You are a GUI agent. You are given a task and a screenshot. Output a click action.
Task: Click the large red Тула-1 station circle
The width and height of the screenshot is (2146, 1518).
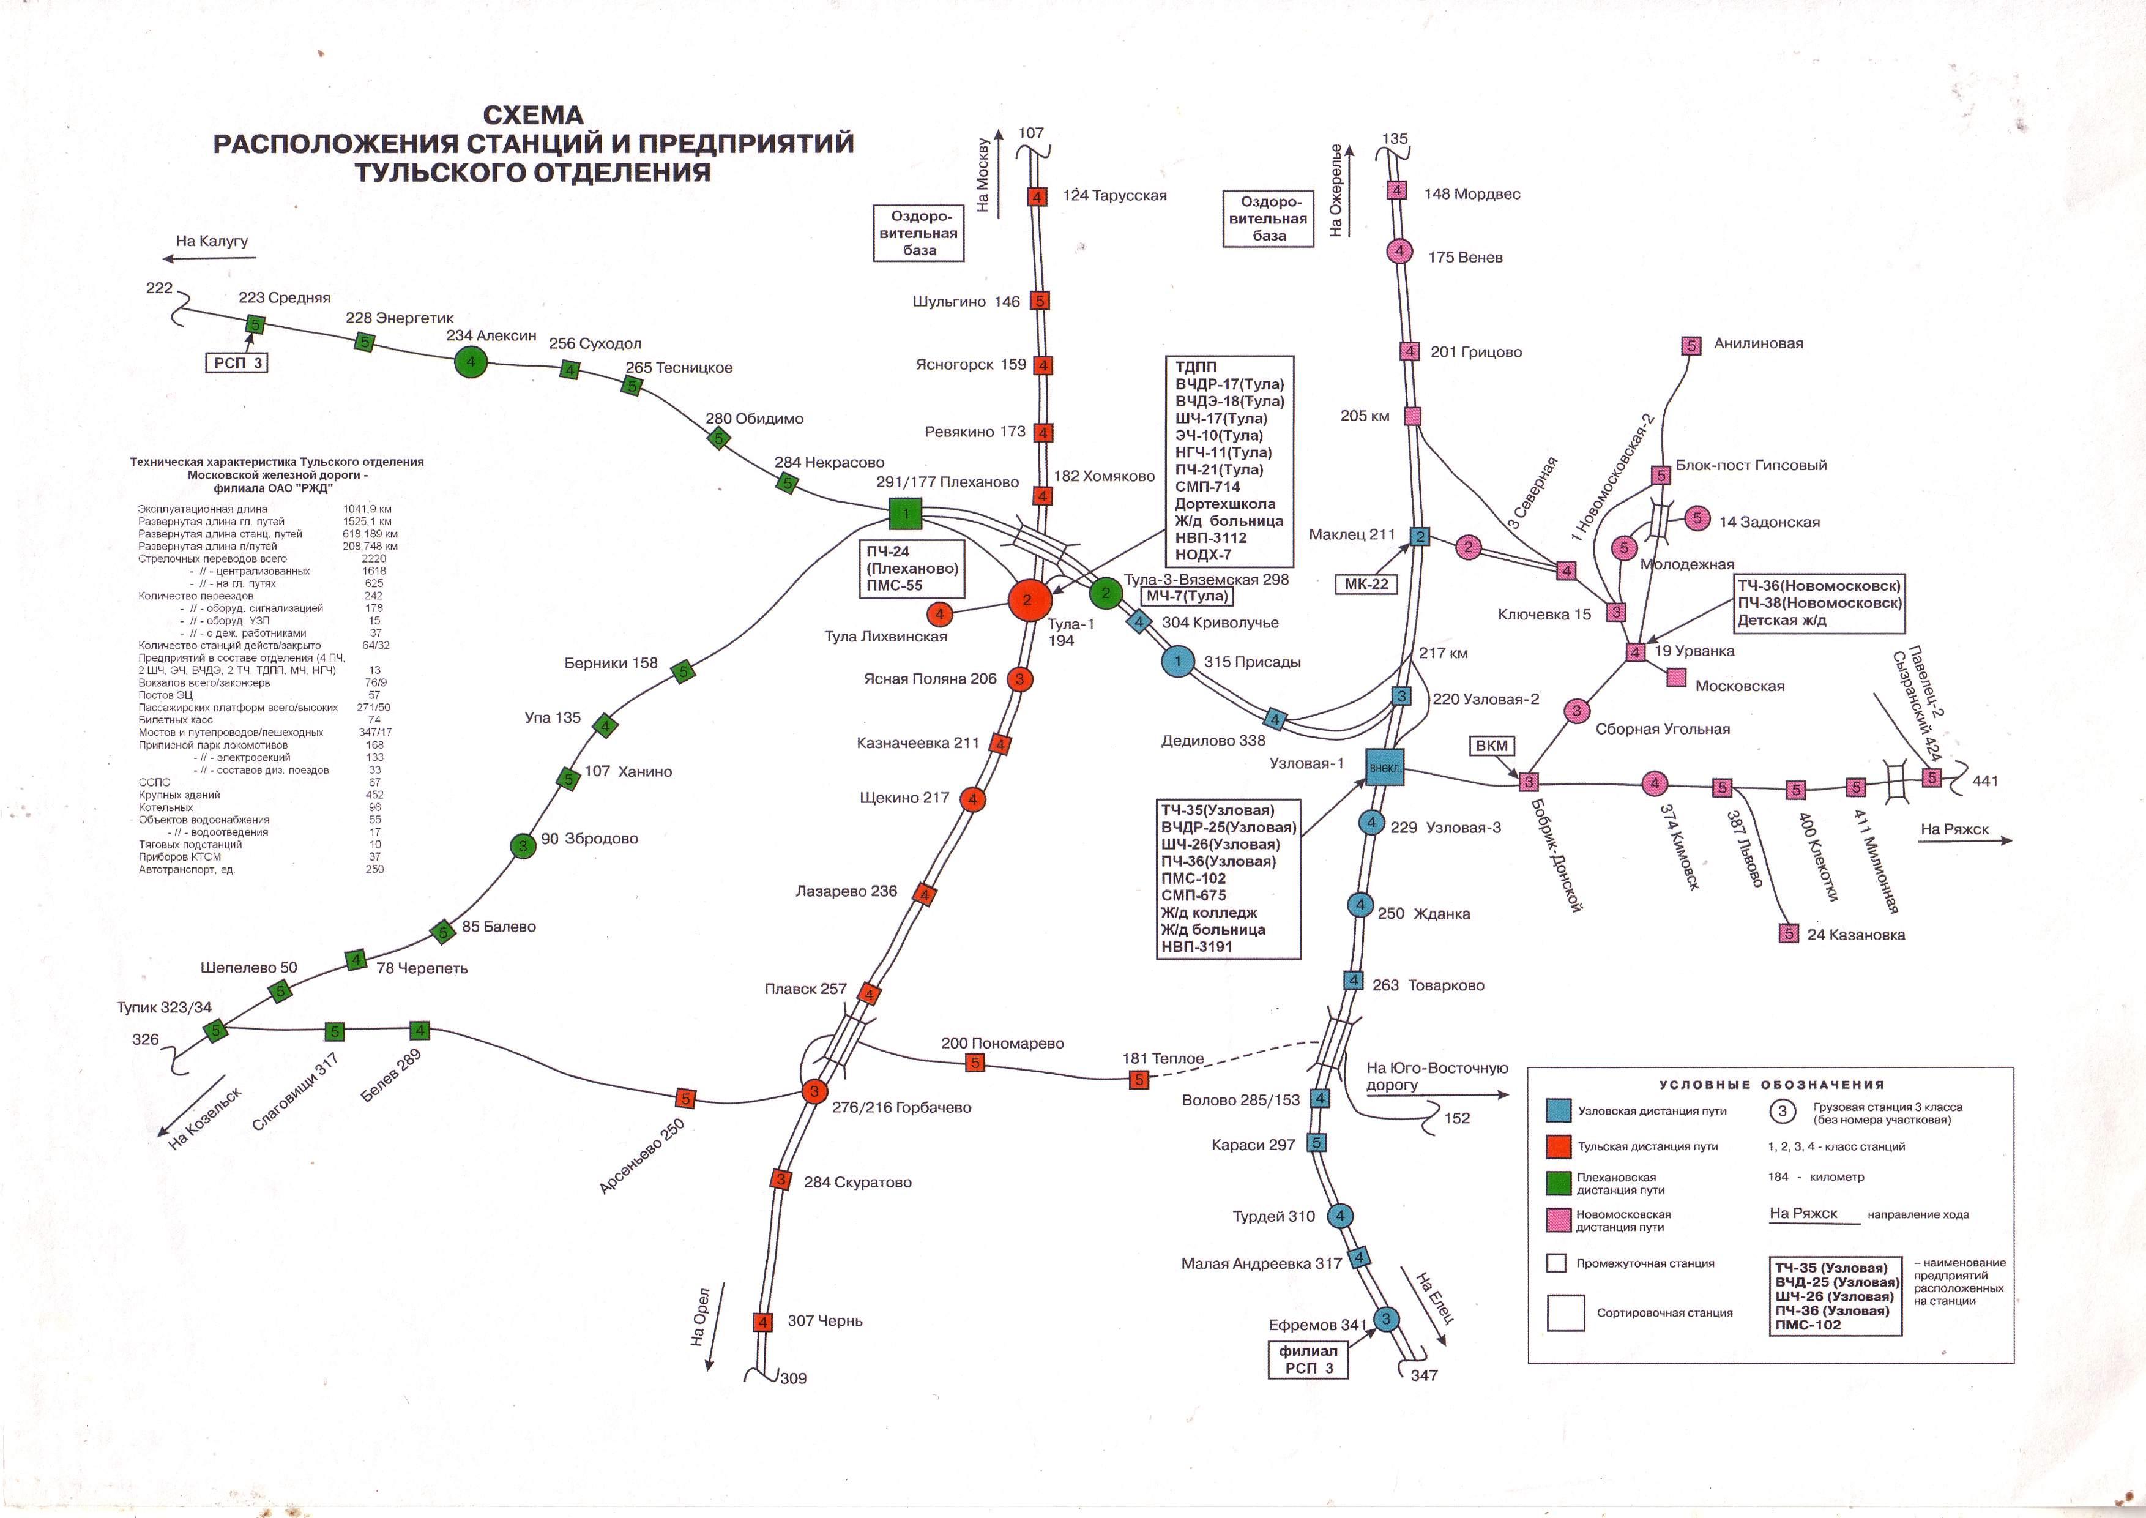click(x=1027, y=600)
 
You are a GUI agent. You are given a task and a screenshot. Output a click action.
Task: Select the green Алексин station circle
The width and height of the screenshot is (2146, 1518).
click(x=471, y=362)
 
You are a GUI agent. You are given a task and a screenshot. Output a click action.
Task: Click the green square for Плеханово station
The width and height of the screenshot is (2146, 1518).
click(x=905, y=513)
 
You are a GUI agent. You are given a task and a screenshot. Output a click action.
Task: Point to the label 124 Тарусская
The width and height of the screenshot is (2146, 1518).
click(x=1114, y=195)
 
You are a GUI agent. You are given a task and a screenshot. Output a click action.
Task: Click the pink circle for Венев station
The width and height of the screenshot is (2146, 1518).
click(x=1399, y=252)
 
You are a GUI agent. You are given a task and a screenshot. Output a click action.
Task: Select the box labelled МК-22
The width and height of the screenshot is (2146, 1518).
click(x=1366, y=584)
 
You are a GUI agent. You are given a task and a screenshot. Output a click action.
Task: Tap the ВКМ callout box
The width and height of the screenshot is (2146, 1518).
click(x=1492, y=746)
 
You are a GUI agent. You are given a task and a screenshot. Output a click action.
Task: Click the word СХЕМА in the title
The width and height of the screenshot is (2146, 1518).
click(x=533, y=115)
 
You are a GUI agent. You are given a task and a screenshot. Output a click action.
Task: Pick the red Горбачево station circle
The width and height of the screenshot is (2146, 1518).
click(x=814, y=1091)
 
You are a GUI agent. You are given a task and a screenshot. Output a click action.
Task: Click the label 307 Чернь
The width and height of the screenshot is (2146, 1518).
click(x=824, y=1321)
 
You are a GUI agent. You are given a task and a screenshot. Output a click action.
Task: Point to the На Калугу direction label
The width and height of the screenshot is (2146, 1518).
click(x=212, y=241)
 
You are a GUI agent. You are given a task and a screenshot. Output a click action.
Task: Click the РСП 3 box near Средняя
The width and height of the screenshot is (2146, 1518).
click(x=237, y=363)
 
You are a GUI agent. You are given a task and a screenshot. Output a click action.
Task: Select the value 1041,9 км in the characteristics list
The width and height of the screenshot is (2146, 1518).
click(x=367, y=509)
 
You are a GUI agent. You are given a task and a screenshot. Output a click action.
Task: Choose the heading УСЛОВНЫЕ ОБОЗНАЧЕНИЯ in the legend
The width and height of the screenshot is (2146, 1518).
click(x=1772, y=1084)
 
